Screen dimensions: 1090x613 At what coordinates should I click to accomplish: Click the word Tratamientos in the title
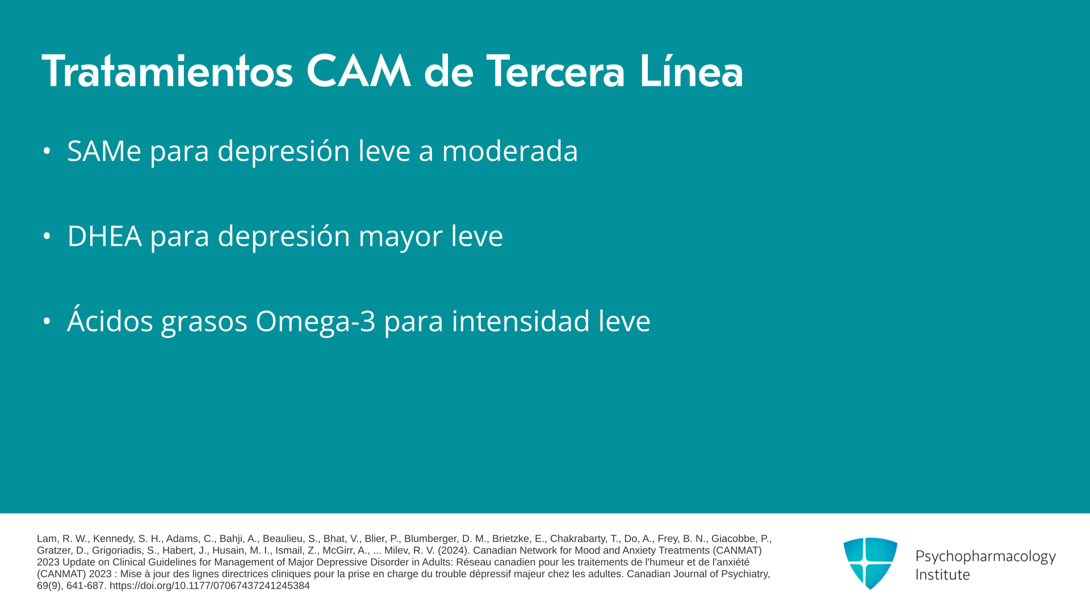coord(167,71)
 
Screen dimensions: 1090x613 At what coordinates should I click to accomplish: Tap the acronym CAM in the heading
coord(358,71)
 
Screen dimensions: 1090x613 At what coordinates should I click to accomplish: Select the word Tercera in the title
coord(556,71)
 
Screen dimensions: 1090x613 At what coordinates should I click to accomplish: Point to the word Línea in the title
coord(691,71)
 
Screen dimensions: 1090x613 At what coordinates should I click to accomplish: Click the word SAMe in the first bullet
coord(104,151)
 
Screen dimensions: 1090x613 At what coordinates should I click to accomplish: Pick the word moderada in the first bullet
coord(510,151)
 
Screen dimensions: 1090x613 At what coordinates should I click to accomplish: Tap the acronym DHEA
coord(104,236)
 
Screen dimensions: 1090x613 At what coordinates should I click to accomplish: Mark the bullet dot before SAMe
coord(47,151)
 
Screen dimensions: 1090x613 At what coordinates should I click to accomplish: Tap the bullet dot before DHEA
coord(47,236)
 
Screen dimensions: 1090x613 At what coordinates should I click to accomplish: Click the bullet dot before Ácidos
coord(47,321)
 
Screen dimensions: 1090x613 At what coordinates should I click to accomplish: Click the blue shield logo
coord(870,563)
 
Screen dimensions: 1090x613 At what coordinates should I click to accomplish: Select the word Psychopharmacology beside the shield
coord(986,557)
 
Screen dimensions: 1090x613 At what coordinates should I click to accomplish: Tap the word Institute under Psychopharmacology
coord(942,575)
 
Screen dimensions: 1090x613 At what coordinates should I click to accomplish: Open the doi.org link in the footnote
coord(209,586)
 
